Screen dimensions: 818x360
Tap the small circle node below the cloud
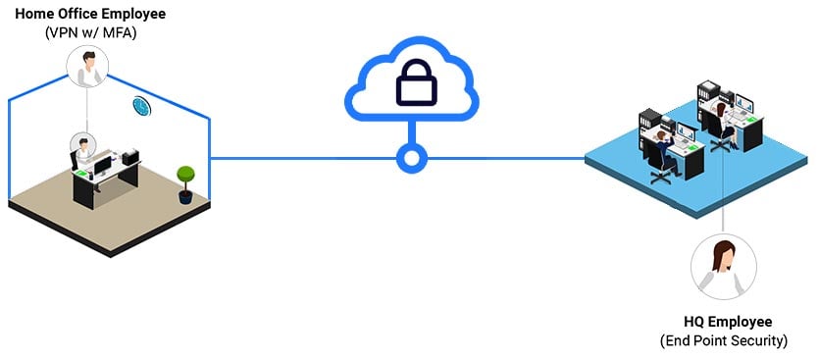(x=409, y=157)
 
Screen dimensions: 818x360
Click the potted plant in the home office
(x=184, y=182)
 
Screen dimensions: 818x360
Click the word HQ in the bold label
(x=695, y=323)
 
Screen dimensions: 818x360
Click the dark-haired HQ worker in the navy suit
(x=667, y=145)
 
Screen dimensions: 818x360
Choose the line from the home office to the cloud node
(x=304, y=157)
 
